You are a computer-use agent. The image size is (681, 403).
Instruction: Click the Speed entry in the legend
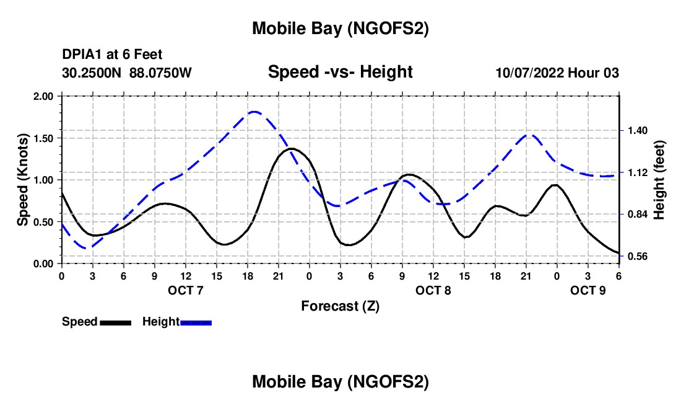point(80,322)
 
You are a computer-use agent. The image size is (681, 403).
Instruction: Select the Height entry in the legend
point(160,322)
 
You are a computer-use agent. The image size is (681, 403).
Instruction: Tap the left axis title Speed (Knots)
point(23,180)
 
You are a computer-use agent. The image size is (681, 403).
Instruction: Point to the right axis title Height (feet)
point(659,180)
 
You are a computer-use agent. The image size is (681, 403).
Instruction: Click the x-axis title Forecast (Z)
point(340,306)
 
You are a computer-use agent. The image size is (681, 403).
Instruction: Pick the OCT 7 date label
point(185,290)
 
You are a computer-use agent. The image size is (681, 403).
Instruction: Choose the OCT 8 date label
point(433,290)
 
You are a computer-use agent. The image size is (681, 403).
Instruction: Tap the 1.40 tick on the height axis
point(636,131)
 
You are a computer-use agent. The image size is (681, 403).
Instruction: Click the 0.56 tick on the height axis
point(636,256)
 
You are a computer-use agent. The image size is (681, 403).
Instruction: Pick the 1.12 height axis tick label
point(636,172)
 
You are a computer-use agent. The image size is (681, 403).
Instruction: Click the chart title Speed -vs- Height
point(340,73)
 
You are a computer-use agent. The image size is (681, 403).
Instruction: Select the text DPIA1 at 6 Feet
point(112,55)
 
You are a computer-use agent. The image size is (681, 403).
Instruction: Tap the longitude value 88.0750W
point(160,73)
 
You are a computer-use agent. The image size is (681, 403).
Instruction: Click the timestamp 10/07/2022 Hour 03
point(557,73)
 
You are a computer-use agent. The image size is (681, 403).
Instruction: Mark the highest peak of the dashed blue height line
point(254,112)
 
